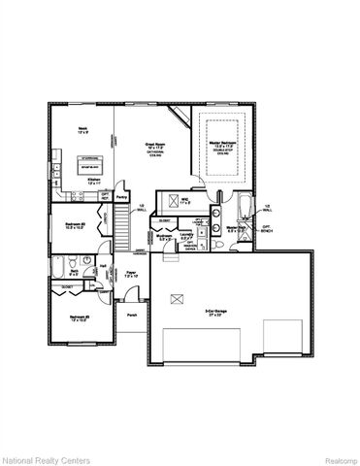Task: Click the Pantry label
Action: pos(122,196)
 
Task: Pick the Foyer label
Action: pos(130,275)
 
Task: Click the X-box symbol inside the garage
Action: pos(175,300)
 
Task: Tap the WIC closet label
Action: pos(184,203)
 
